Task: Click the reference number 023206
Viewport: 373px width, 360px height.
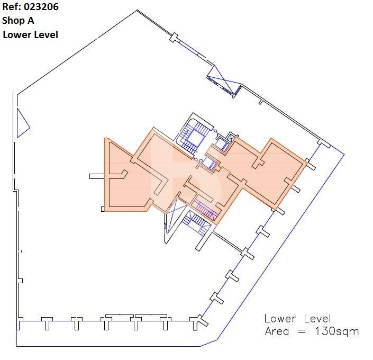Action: tap(41, 7)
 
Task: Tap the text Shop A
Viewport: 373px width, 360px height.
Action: tap(18, 21)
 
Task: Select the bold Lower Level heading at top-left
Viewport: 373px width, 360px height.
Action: tap(31, 35)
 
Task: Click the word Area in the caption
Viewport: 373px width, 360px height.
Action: tap(277, 331)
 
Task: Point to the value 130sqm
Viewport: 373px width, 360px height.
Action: tap(337, 331)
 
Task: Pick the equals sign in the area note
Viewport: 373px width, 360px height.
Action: tap(302, 331)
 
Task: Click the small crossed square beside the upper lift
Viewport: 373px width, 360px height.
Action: tap(231, 137)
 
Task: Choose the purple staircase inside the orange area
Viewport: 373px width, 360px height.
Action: tap(205, 210)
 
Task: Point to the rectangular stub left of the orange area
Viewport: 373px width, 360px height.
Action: tap(97, 176)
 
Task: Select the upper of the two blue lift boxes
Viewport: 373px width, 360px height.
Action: tap(222, 143)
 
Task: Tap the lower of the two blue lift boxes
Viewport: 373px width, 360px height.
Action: tap(209, 163)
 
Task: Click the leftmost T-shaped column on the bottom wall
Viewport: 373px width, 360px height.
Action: tap(47, 323)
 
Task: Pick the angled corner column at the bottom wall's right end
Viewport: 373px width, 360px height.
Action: tap(198, 322)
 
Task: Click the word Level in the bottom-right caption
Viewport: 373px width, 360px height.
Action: tap(317, 319)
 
